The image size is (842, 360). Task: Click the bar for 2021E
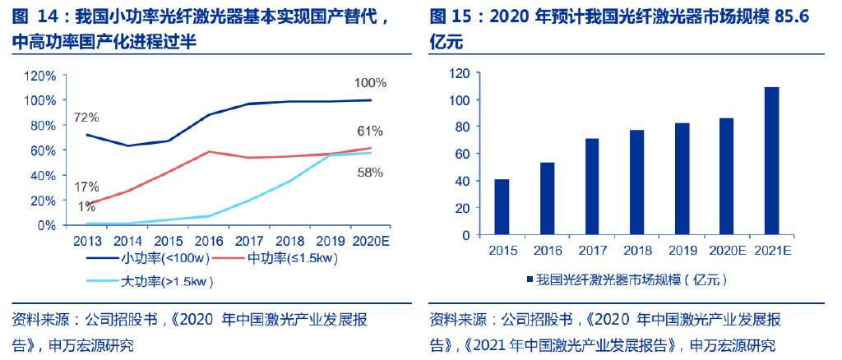tap(770, 160)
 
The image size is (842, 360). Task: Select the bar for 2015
tap(501, 206)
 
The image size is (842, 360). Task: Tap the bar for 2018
tap(636, 182)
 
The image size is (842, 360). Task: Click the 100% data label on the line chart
tap(370, 83)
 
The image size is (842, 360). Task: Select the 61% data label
tap(370, 131)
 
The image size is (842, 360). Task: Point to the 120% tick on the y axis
tap(40, 76)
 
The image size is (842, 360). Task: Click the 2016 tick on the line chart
tap(210, 241)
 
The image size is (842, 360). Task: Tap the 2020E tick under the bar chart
tap(726, 250)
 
